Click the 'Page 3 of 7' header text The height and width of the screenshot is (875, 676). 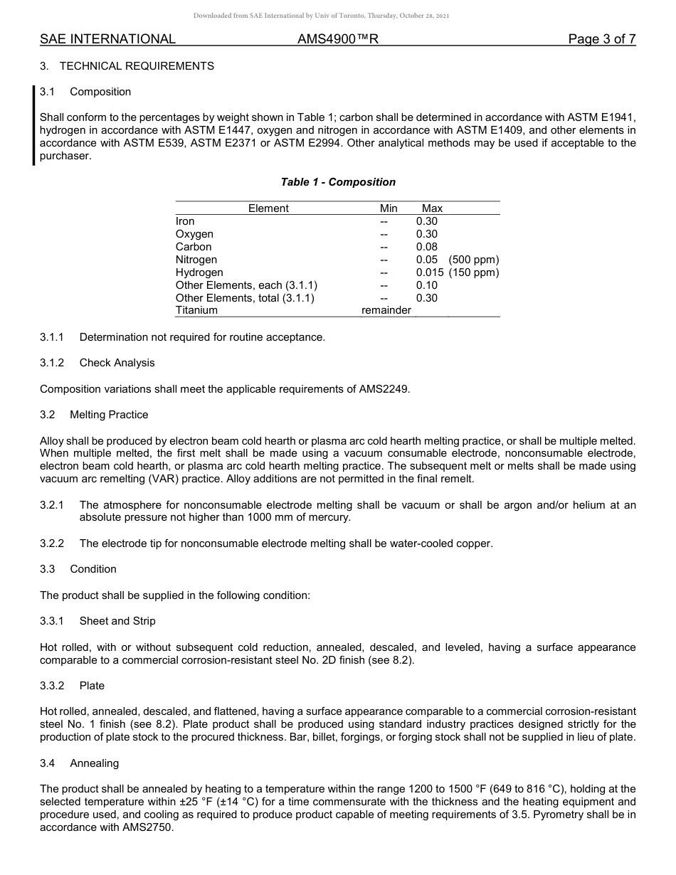(601, 39)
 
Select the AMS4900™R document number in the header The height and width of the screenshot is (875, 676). (338, 39)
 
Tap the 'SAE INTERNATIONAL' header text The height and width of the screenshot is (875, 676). (107, 39)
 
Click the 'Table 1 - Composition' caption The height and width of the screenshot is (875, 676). (338, 182)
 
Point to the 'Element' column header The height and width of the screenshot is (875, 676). (268, 208)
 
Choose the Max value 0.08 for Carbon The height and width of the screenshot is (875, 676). (427, 247)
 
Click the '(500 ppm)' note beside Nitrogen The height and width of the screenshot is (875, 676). (474, 260)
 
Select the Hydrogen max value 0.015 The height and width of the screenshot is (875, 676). (430, 272)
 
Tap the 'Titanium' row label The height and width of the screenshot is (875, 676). (196, 310)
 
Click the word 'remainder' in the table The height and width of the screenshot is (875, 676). (386, 310)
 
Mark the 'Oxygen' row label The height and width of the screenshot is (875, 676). (194, 234)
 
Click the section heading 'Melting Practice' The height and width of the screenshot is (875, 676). (109, 415)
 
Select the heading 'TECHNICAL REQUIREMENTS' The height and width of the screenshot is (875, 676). (137, 66)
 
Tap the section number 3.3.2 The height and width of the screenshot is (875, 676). (52, 686)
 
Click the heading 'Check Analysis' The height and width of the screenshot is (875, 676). (117, 363)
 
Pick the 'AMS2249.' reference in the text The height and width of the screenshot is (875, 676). (389, 389)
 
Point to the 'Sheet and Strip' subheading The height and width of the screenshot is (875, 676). (117, 621)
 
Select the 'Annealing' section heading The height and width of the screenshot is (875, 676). (94, 763)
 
